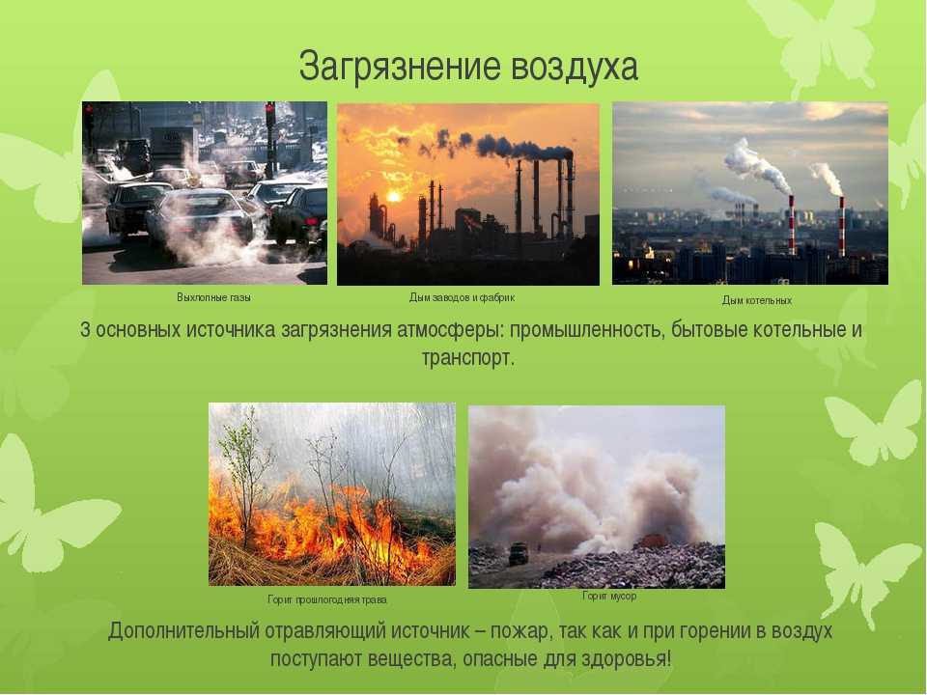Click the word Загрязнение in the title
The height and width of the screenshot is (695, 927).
click(400, 67)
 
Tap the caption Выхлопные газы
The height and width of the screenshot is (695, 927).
click(213, 297)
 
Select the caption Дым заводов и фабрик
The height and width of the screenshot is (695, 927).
click(462, 297)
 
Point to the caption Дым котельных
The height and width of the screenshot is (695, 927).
click(757, 300)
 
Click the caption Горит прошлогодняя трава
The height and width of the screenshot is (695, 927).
click(327, 599)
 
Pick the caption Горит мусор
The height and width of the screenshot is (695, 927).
click(609, 596)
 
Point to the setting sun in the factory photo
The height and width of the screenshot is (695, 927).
click(394, 195)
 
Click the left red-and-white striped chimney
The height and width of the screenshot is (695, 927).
click(791, 225)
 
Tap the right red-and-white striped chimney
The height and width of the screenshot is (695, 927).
click(842, 226)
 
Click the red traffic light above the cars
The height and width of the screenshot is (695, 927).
click(270, 109)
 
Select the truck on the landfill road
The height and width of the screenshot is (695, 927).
click(519, 554)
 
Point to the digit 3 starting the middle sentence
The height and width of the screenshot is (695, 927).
click(85, 330)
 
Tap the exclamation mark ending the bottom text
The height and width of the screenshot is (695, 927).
click(669, 658)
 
